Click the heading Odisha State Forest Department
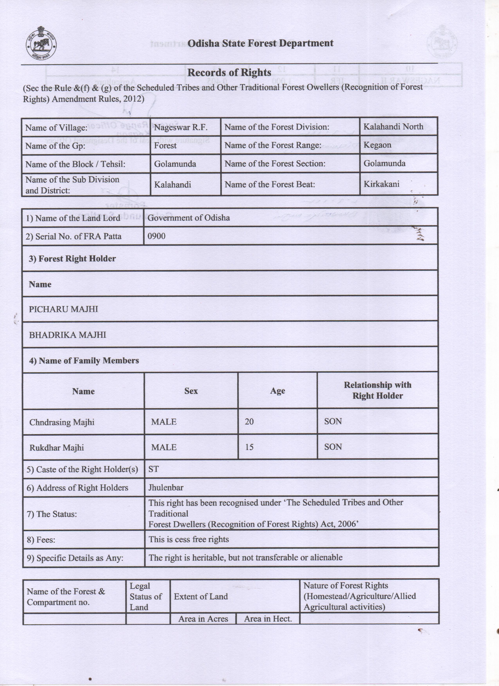tap(260, 43)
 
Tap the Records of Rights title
tap(229, 73)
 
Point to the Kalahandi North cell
tap(393, 127)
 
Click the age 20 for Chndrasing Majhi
tap(249, 422)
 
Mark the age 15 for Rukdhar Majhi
tap(249, 447)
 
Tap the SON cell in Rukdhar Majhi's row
tap(333, 447)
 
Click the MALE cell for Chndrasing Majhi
tap(164, 422)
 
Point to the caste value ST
tap(153, 469)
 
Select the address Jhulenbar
tap(166, 488)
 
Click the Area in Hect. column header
tap(268, 619)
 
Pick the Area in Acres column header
tap(203, 619)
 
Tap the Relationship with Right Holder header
tap(378, 390)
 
